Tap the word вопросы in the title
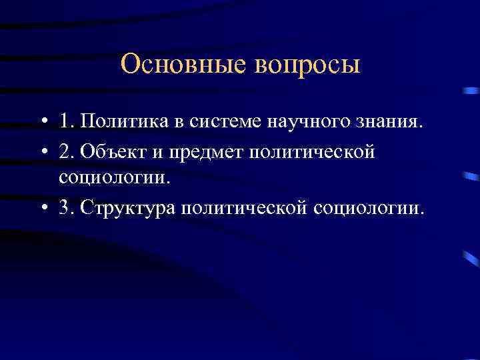[307, 66]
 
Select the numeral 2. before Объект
[66, 152]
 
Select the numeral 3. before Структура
[66, 207]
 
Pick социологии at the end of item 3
[366, 208]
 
